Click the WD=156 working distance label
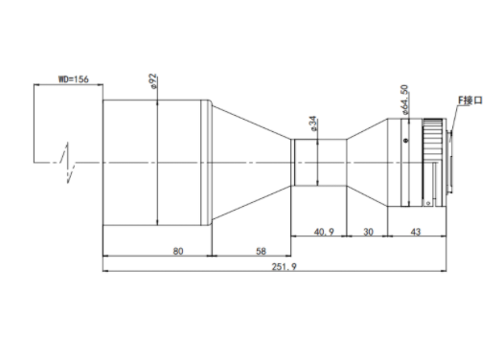[x=73, y=79]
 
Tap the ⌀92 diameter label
[x=153, y=81]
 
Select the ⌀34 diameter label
[x=313, y=124]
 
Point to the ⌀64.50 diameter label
[x=404, y=100]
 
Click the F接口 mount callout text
[x=470, y=101]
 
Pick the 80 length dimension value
[x=178, y=251]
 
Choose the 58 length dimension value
[x=261, y=251]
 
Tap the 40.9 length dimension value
[x=324, y=232]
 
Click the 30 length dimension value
[x=368, y=232]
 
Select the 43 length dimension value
[x=416, y=232]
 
